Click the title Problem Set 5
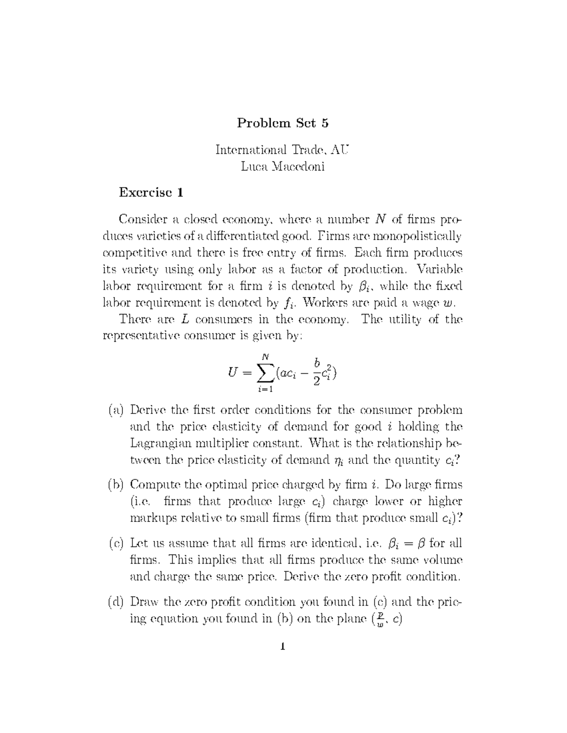pyautogui.click(x=283, y=123)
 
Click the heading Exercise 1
pyautogui.click(x=151, y=193)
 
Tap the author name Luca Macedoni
pyautogui.click(x=283, y=167)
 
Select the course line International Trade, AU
pyautogui.click(x=283, y=150)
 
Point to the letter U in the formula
pyautogui.click(x=233, y=374)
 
